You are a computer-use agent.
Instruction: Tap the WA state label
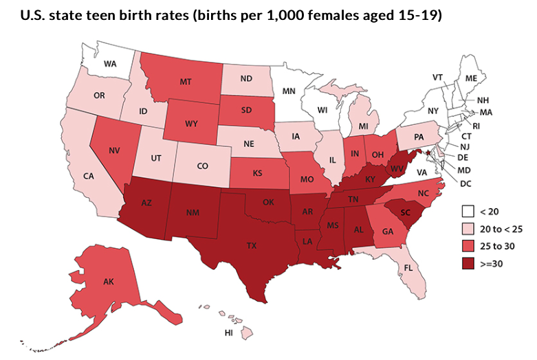[109, 64]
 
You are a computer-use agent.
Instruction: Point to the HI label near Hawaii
[229, 333]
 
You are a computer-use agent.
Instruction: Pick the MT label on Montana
[185, 82]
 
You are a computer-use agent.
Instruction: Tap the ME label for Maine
[471, 79]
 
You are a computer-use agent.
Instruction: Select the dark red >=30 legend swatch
[470, 263]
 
